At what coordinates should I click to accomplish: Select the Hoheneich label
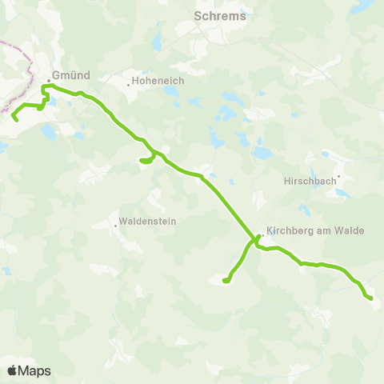pos(154,81)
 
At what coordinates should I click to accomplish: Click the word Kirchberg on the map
pos(290,230)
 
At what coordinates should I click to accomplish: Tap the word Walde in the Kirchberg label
pos(350,230)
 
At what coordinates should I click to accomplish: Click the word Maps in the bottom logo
pos(34,370)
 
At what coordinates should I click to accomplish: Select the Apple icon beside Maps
pos(12,370)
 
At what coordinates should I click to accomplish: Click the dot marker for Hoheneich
pos(129,82)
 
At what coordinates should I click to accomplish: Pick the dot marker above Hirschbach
pos(338,175)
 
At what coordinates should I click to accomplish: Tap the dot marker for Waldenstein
pos(116,226)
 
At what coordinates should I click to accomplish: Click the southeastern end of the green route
pos(371,298)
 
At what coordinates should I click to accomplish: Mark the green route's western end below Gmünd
pos(15,120)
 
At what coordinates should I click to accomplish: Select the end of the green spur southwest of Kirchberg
pos(226,281)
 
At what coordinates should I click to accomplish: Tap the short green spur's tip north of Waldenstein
pos(142,161)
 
